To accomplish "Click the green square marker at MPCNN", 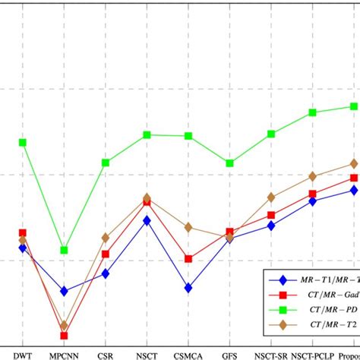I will (65, 250).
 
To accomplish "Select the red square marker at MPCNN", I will (65, 335).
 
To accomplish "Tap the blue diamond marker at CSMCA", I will (188, 288).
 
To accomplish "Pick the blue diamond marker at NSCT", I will (147, 220).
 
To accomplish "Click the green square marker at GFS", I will (230, 163).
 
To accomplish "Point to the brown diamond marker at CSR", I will (106, 238).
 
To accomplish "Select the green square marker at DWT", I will (23, 142).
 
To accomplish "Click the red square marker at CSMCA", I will (188, 259).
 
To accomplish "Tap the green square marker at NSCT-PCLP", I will (313, 112).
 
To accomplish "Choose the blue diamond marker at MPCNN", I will (65, 291).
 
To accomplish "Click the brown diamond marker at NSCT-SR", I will (271, 197).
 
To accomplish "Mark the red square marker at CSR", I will (106, 254).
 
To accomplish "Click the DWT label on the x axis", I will (23, 354).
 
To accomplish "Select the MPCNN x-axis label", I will (65, 354).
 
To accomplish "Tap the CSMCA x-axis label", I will (188, 354).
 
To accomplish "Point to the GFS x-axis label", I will (230, 354).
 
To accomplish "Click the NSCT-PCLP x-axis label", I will (313, 354).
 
